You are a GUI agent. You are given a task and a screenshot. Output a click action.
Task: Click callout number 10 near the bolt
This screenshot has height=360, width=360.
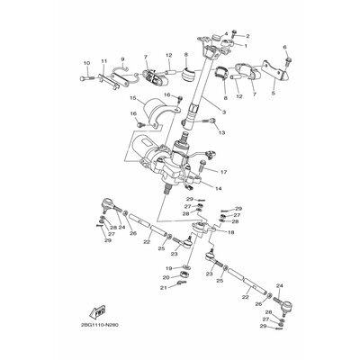(87, 62)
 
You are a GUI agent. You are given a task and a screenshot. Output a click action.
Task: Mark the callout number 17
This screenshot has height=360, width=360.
(223, 172)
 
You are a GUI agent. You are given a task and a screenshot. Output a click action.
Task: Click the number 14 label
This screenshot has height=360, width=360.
(219, 189)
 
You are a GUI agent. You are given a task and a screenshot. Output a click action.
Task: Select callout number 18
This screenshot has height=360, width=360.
(231, 232)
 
